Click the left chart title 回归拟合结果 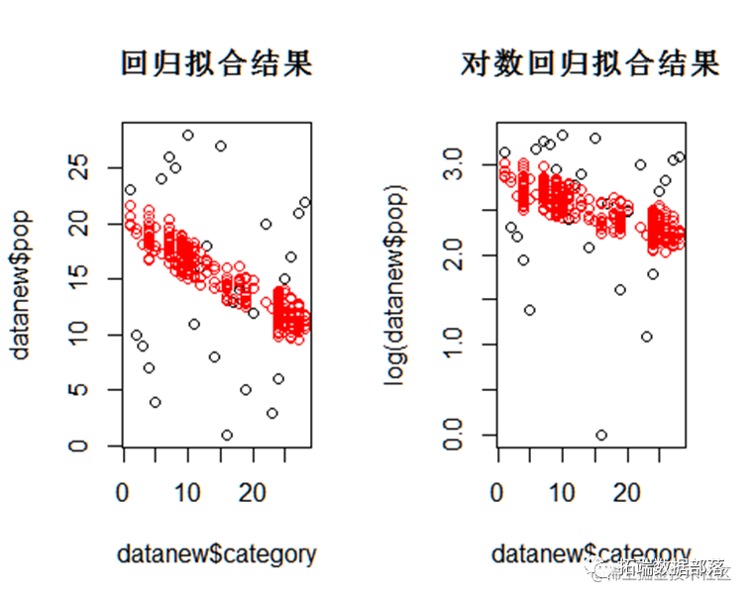coord(216,63)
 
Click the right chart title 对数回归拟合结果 coord(590,63)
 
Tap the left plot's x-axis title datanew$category coord(216,552)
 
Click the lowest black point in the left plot coord(227,435)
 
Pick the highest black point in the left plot coord(187,135)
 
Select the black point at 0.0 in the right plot coord(600,435)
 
